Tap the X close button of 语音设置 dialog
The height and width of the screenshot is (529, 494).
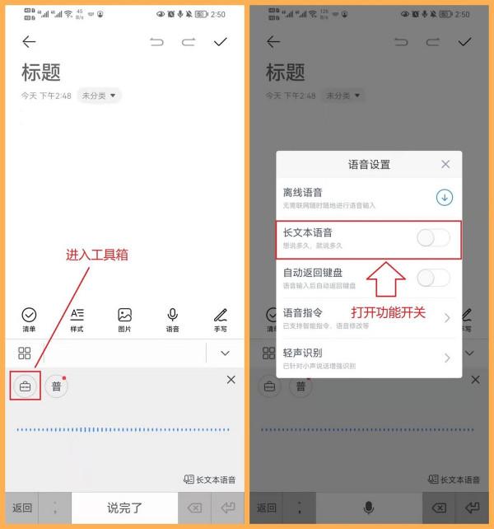[x=445, y=164]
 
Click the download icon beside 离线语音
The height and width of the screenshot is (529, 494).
[x=445, y=197]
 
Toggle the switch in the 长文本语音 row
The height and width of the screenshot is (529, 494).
[x=433, y=238]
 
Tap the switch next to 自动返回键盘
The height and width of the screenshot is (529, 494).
[x=433, y=278]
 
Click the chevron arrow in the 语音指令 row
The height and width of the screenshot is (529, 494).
[x=447, y=318]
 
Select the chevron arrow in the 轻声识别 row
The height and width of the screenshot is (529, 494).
[x=447, y=358]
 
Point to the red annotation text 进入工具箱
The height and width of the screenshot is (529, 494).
[x=97, y=255]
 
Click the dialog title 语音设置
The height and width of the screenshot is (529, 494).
[x=369, y=165]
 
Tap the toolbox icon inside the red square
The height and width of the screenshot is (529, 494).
[x=26, y=386]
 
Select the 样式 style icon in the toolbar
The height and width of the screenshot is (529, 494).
[x=77, y=315]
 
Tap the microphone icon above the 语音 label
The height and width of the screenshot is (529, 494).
[x=173, y=315]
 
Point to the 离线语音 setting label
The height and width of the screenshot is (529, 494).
[x=303, y=192]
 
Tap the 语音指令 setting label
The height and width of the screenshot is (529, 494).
[x=303, y=312]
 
